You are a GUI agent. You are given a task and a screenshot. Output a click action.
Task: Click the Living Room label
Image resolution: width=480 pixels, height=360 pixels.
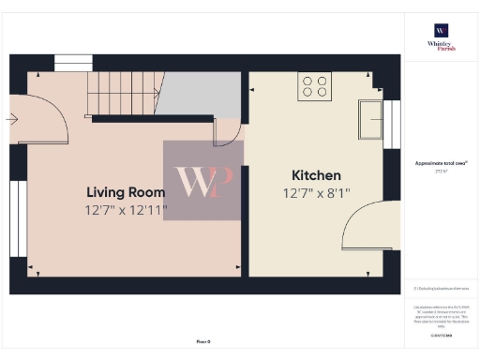click(x=123, y=192)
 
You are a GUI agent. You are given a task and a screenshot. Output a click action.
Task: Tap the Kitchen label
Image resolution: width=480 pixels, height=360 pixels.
click(x=316, y=175)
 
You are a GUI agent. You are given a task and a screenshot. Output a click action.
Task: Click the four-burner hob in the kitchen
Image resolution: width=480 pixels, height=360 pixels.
click(x=315, y=87)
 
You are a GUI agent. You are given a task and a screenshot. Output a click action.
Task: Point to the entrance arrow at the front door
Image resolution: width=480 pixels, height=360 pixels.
click(x=11, y=119)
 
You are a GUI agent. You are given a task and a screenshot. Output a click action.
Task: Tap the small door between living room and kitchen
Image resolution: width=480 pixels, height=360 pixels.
click(x=227, y=133)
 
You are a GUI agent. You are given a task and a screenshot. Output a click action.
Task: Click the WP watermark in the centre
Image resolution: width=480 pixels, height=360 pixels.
click(x=203, y=181)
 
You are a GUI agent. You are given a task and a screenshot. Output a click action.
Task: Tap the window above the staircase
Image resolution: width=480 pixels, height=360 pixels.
click(x=67, y=63)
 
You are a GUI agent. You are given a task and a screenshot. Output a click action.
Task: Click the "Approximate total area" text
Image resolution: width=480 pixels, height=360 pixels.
click(x=440, y=163)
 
